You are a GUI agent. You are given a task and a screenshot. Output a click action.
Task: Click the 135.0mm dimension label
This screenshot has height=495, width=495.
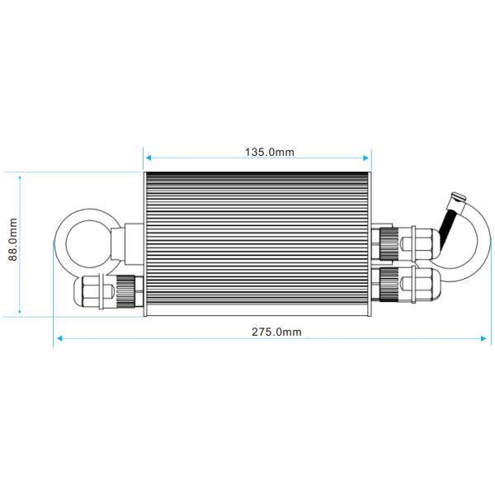tap(270, 152)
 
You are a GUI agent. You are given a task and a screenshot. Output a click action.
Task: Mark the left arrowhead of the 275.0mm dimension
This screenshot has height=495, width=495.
tap(57, 337)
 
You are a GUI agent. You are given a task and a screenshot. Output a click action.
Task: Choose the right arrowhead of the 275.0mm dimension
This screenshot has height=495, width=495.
tap(486, 337)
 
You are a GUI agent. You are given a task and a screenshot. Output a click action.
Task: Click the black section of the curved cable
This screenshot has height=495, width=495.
tap(448, 226)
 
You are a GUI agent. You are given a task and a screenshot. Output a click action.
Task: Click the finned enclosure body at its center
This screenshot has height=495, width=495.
tap(257, 244)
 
